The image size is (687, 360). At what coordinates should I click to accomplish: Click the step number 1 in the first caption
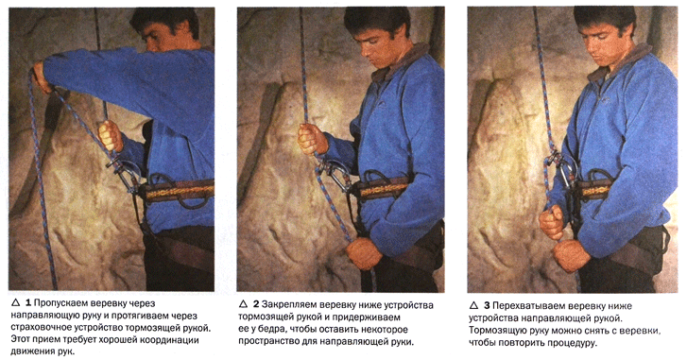point(28,302)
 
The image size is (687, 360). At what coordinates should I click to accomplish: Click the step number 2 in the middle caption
point(255,304)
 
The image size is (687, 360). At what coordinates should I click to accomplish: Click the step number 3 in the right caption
point(487,305)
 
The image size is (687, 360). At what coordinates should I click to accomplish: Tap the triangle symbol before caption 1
point(16,302)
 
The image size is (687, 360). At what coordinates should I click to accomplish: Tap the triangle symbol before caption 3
point(473,305)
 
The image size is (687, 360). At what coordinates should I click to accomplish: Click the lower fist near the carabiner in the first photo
point(110,136)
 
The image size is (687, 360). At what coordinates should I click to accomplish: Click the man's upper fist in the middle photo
point(311,139)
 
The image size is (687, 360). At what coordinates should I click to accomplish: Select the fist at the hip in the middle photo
point(364,253)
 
